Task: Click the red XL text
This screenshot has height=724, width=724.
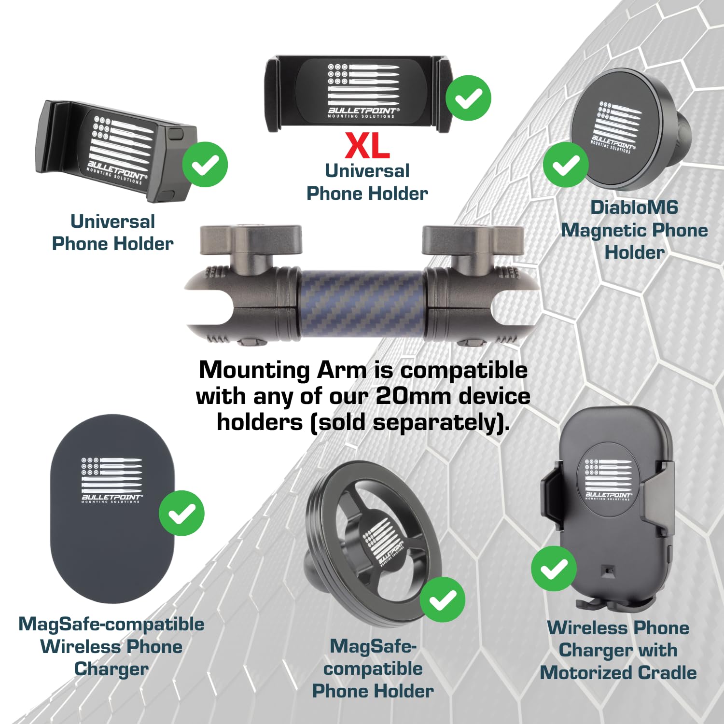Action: coord(367,145)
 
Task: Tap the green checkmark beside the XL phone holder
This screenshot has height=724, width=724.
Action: coord(468,98)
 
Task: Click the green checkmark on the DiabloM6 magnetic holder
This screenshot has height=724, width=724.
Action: coord(566,165)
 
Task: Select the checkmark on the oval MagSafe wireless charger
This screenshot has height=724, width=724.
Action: coord(181,513)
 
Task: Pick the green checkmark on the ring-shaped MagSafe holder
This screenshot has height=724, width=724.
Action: coord(442,599)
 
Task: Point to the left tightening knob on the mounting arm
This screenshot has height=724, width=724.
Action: coord(251,238)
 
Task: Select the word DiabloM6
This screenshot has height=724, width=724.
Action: coord(634,208)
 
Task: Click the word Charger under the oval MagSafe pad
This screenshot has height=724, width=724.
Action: coord(111,669)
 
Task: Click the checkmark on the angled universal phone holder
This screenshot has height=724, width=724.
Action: coord(205,165)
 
